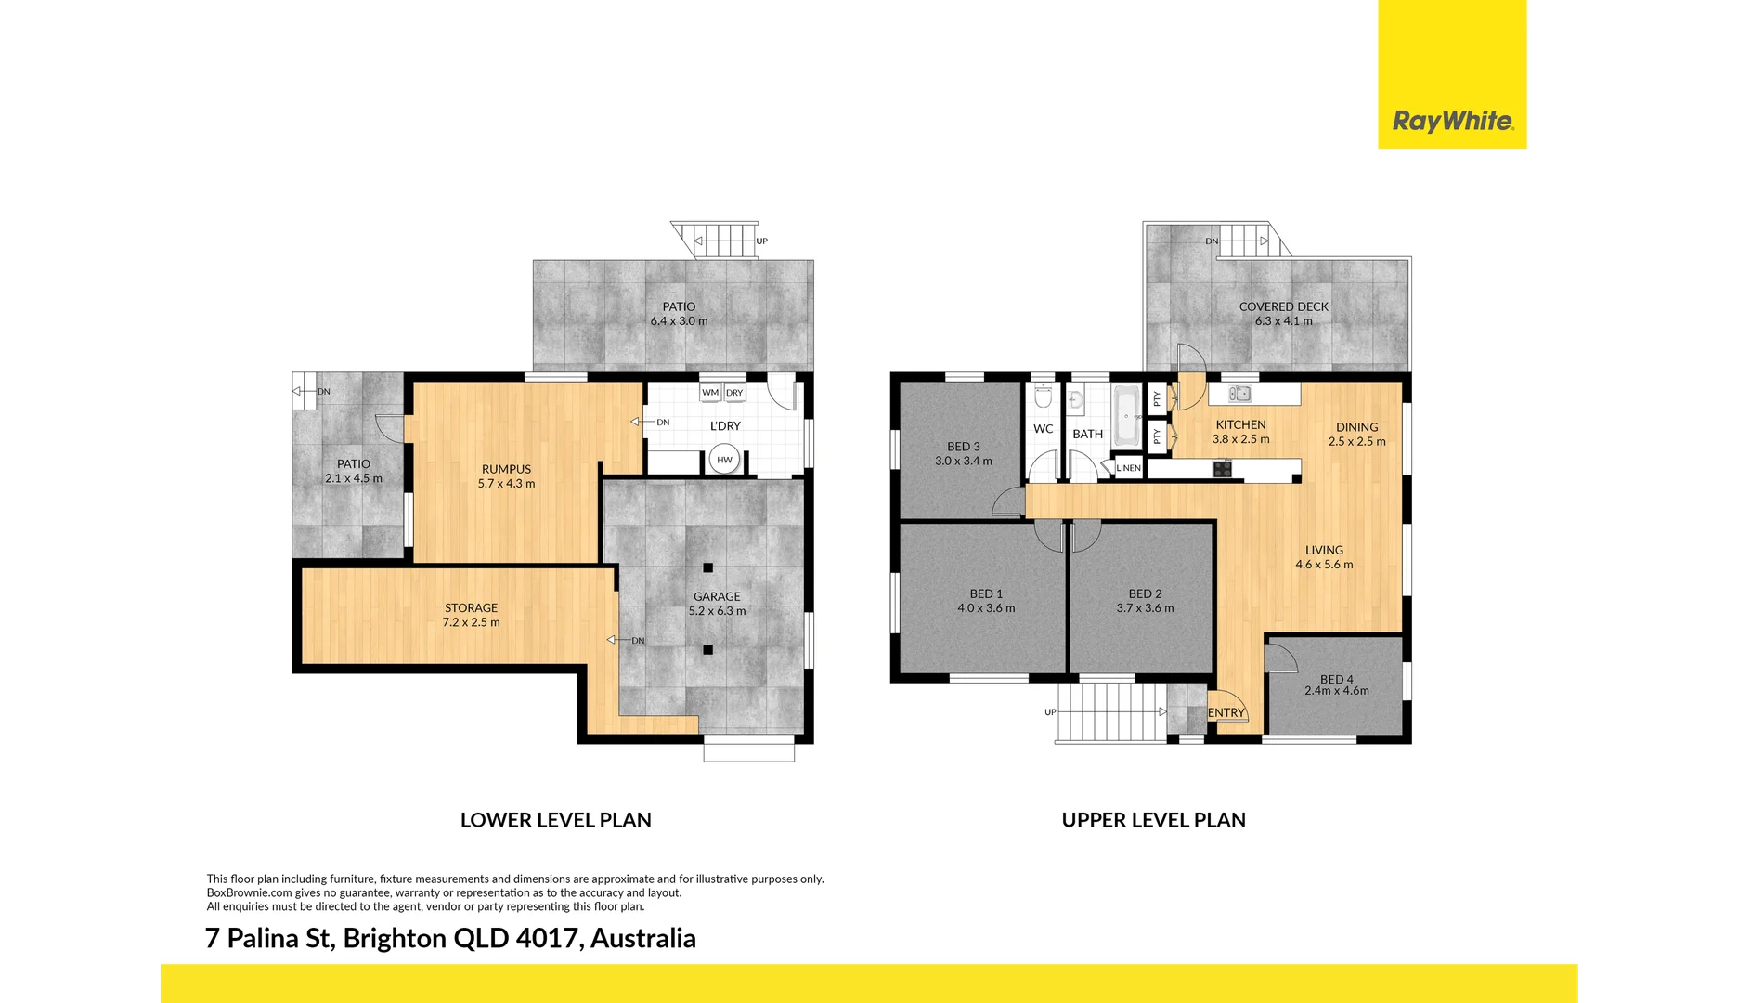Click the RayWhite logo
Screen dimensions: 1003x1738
[1452, 121]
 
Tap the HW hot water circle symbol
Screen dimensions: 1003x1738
[724, 460]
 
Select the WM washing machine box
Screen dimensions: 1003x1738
[710, 393]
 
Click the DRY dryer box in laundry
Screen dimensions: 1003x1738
[734, 393]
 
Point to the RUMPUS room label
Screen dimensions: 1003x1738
[506, 469]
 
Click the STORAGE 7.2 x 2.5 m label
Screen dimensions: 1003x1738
[471, 615]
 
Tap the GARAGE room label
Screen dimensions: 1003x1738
[717, 597]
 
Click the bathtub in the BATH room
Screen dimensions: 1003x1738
[1126, 415]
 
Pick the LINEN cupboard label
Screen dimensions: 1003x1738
[1128, 468]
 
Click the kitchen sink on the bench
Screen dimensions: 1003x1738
[1239, 394]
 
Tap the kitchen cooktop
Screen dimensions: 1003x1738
[1222, 470]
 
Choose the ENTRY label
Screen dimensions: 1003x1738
[1226, 713]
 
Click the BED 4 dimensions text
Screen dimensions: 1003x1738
[1336, 691]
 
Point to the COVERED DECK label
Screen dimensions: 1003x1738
[1283, 306]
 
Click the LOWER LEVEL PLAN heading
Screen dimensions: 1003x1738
[555, 820]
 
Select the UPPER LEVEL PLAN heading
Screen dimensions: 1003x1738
[1153, 820]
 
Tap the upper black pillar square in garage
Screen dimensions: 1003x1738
[707, 567]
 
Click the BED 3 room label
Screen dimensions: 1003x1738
[963, 447]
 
